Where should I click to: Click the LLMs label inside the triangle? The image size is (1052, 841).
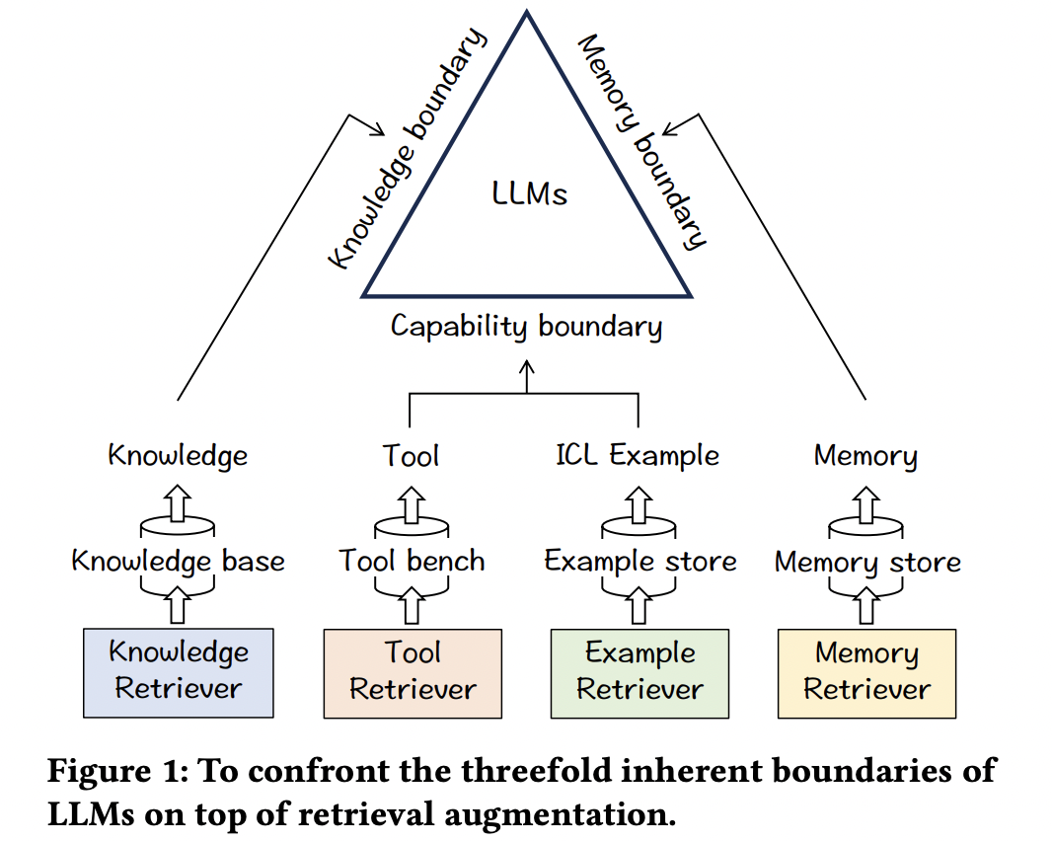click(x=529, y=192)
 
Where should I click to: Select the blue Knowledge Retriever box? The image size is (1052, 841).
click(x=178, y=671)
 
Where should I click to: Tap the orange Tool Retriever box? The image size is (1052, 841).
click(x=413, y=671)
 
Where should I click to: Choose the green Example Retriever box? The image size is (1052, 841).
click(x=639, y=671)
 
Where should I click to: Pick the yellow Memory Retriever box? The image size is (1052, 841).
click(x=866, y=671)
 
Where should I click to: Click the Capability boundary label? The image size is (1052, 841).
click(x=526, y=327)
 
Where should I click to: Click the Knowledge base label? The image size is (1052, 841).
click(x=178, y=562)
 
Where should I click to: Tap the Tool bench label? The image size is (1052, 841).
click(x=413, y=561)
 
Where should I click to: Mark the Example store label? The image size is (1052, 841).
click(x=640, y=562)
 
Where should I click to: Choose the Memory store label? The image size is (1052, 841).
click(x=867, y=563)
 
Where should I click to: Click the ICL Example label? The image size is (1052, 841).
click(x=638, y=455)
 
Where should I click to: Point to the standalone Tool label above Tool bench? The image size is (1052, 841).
click(x=412, y=455)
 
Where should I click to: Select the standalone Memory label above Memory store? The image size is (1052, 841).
click(x=865, y=456)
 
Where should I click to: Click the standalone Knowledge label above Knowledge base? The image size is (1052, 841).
click(x=178, y=455)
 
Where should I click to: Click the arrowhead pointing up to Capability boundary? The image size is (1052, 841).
click(x=526, y=366)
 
